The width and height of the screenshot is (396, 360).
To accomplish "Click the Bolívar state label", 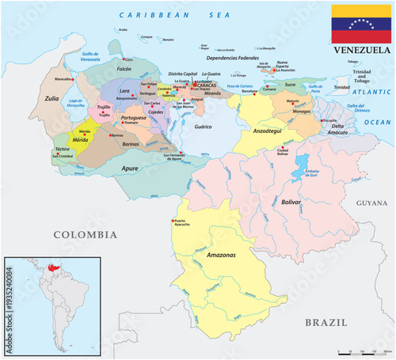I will [x=291, y=203].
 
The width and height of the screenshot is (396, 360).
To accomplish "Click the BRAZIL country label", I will [x=326, y=322].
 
